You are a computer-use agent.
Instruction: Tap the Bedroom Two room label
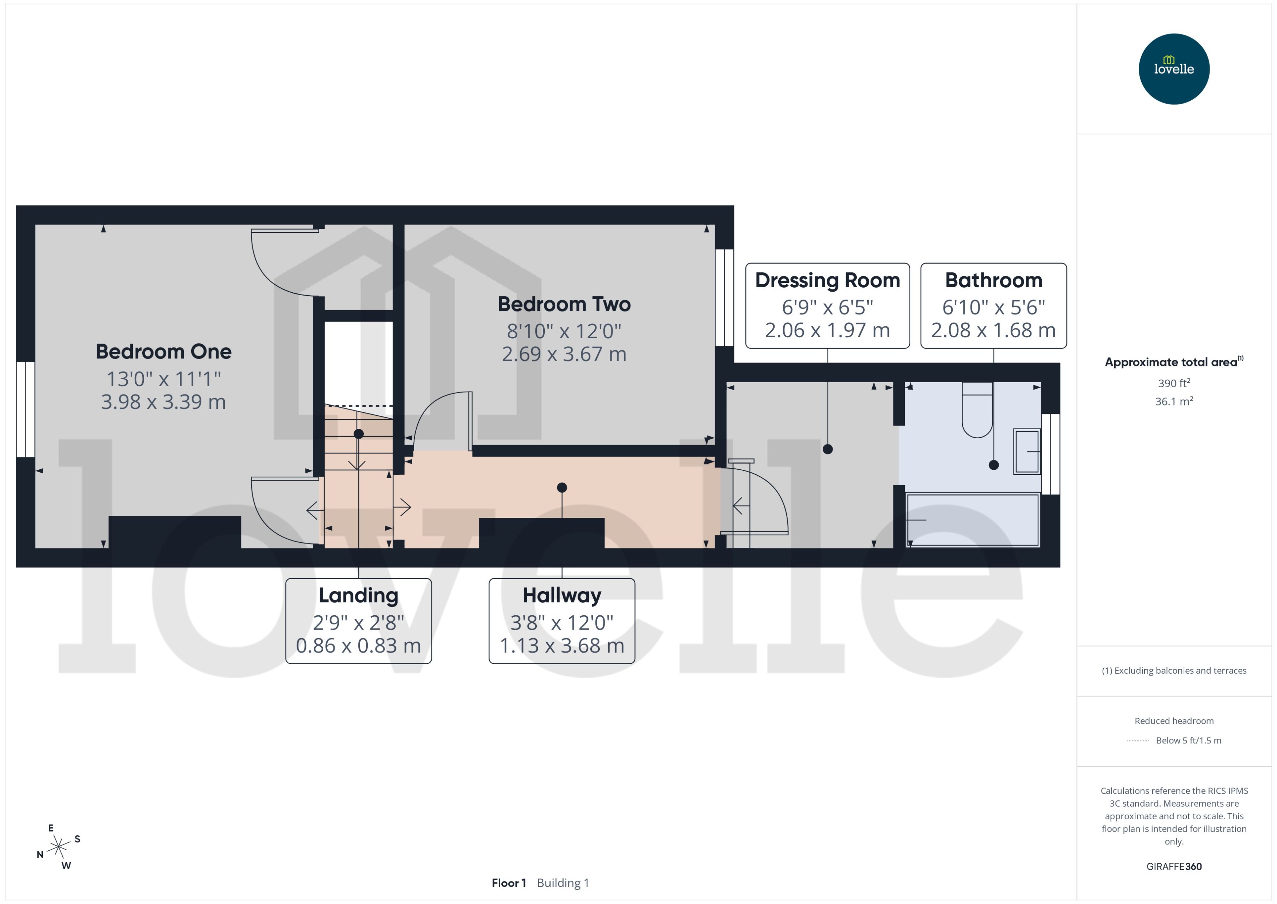coord(564,304)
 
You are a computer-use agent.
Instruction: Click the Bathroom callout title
coord(993,280)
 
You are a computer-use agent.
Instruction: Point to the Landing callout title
coord(358,595)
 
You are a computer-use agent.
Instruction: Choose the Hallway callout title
coord(562,595)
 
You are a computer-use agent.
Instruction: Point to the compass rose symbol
coord(58,847)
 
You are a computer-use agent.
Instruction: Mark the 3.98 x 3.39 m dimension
coord(163,402)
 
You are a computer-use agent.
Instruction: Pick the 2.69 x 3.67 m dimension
coord(564,354)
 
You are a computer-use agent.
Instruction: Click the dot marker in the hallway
coord(562,488)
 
